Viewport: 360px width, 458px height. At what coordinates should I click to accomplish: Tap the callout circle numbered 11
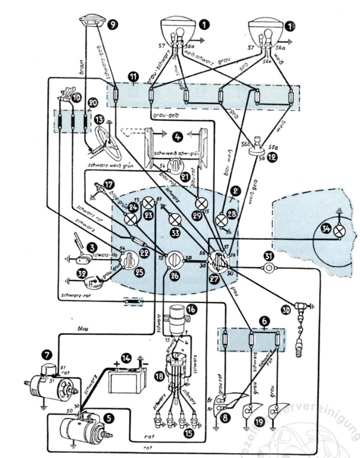(x=134, y=76)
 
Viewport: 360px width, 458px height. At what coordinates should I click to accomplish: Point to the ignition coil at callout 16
(x=174, y=319)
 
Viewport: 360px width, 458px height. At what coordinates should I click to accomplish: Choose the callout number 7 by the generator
(x=47, y=352)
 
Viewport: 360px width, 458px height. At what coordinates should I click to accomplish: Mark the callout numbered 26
(x=174, y=276)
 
